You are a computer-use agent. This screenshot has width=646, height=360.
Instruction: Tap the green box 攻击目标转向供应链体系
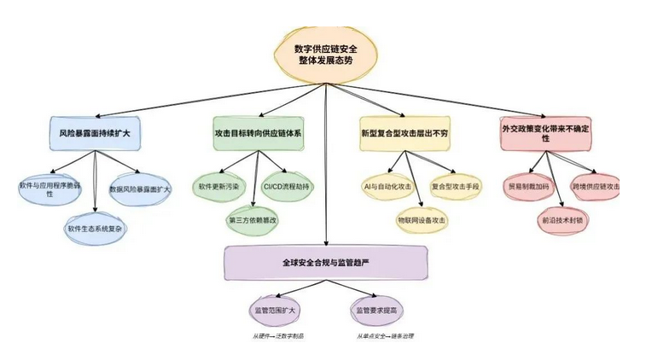point(258,134)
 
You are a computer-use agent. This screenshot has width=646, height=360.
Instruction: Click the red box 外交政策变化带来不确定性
point(560,133)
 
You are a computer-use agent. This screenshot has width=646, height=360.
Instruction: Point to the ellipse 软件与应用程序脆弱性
point(50,189)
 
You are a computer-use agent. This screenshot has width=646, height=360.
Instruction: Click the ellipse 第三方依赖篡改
point(257,220)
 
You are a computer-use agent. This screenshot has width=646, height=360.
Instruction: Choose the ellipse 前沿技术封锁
point(562,219)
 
